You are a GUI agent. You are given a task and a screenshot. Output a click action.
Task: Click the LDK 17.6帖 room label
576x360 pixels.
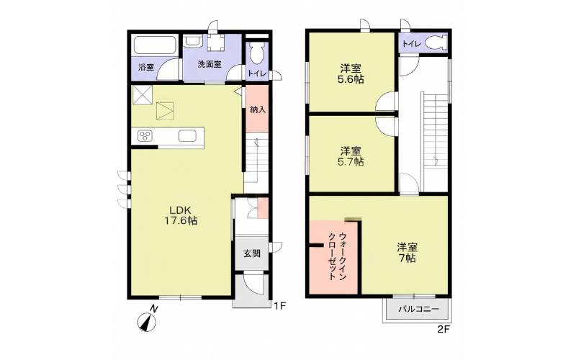(181, 215)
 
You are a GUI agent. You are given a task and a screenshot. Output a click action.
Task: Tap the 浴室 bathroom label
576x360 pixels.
(146, 68)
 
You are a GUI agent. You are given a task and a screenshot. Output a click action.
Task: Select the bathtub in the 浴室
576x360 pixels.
(155, 45)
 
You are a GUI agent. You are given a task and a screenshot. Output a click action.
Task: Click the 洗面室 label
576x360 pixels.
(210, 64)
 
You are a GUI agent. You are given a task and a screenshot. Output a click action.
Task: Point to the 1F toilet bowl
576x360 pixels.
(256, 53)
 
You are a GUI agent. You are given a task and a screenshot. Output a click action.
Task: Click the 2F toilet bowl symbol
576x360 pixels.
(436, 43)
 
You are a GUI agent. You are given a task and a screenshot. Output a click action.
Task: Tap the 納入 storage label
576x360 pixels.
(257, 109)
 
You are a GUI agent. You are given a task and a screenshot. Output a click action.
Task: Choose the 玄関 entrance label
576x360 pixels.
(252, 253)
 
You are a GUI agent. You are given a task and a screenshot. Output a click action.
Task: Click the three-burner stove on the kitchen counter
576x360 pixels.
(145, 136)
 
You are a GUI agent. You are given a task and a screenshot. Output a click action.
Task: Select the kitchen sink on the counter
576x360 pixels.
(187, 136)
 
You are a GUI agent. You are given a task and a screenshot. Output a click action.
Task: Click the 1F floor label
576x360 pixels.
(279, 305)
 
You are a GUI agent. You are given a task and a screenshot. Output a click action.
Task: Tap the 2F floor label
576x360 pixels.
(444, 329)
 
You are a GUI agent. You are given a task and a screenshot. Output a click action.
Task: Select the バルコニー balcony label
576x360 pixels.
(418, 310)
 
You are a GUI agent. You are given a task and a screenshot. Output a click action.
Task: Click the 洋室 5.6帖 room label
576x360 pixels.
(351, 74)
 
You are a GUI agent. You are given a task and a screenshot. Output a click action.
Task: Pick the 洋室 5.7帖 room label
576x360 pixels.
(351, 156)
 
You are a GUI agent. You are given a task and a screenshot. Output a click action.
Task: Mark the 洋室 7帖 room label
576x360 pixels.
(407, 253)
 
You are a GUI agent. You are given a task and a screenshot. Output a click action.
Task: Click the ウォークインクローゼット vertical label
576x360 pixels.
(337, 256)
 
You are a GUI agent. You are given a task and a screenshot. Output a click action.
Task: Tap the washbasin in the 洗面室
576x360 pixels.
(192, 41)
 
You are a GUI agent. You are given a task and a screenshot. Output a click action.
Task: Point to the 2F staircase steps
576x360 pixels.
(436, 142)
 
